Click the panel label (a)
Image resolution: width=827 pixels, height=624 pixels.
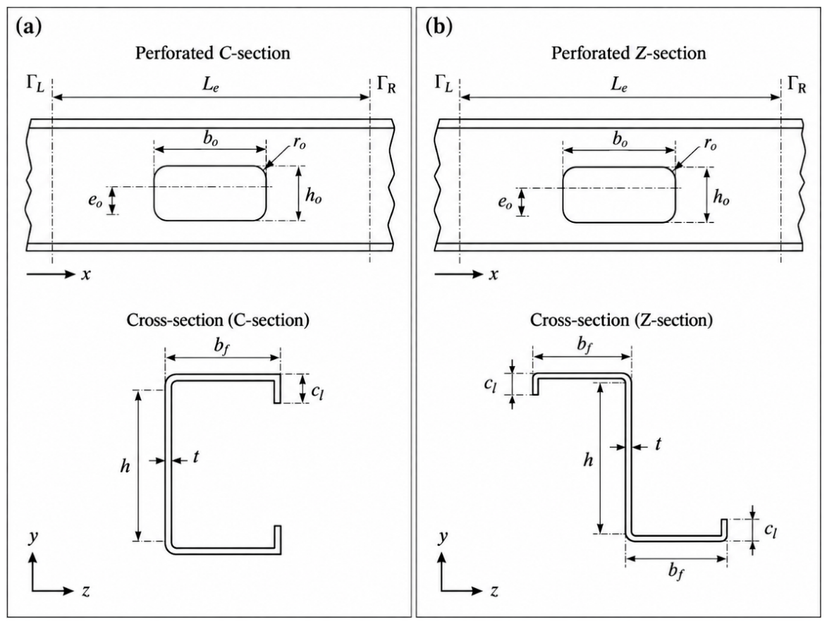point(29,27)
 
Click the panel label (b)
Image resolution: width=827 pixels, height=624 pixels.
point(439,27)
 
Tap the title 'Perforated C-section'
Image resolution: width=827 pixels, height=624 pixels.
point(212,54)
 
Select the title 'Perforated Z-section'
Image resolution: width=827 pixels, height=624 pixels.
point(629,54)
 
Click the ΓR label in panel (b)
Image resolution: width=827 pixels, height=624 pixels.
point(797,85)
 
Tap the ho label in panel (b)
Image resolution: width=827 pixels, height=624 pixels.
point(721,198)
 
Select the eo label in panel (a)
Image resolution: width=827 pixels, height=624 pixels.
point(95,201)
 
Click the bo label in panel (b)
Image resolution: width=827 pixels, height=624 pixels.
point(620,140)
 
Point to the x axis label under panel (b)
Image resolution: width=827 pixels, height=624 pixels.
point(493,275)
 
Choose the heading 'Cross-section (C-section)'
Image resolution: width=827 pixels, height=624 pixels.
point(218,320)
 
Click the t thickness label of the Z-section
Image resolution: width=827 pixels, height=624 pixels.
point(658,445)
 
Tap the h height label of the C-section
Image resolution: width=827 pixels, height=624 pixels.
point(125,466)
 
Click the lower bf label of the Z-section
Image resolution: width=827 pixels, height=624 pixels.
point(676,572)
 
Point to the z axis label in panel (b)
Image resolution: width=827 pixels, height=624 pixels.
point(494,592)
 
